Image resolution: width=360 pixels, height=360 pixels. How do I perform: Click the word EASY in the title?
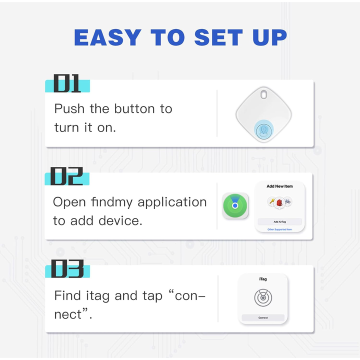107,37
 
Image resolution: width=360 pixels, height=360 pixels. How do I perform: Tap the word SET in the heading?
218,37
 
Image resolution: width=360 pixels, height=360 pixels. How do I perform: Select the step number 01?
67,83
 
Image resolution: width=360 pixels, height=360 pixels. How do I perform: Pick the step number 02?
66,176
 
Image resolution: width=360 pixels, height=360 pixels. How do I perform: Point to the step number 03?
67,268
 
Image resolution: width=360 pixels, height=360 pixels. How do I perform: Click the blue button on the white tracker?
264,131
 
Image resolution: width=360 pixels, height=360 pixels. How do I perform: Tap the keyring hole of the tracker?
263,94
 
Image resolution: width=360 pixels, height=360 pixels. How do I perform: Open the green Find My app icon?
235,205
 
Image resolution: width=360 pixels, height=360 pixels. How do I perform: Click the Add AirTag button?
279,222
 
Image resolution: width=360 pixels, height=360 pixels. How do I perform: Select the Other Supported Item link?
279,229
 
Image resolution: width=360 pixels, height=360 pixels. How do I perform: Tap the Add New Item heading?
279,186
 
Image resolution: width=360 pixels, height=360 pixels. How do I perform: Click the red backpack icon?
279,202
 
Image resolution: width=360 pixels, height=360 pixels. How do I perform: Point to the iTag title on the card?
263,279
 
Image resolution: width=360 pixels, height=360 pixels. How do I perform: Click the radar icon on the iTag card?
263,298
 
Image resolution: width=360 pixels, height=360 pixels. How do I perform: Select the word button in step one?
134,108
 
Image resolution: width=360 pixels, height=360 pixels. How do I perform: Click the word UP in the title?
270,37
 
